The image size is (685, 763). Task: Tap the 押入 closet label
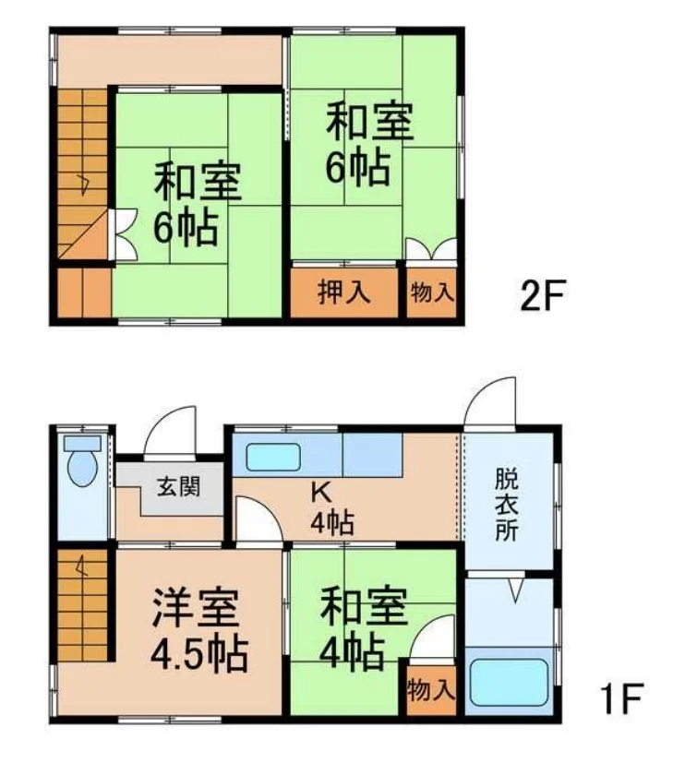pyautogui.click(x=344, y=293)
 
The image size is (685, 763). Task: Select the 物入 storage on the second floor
pyautogui.click(x=432, y=293)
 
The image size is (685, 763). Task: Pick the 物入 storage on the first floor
pyautogui.click(x=432, y=690)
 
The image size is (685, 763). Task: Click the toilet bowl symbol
pyautogui.click(x=82, y=469)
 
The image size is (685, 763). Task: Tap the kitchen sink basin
pyautogui.click(x=272, y=458)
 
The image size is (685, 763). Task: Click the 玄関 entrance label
pyautogui.click(x=178, y=486)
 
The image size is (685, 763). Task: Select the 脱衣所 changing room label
pyautogui.click(x=506, y=504)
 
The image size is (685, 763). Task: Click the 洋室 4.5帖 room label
pyautogui.click(x=198, y=629)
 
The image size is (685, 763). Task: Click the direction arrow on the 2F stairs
pyautogui.click(x=83, y=185)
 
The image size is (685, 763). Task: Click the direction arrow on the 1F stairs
pyautogui.click(x=79, y=566)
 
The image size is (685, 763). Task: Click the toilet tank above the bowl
pyautogui.click(x=82, y=443)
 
